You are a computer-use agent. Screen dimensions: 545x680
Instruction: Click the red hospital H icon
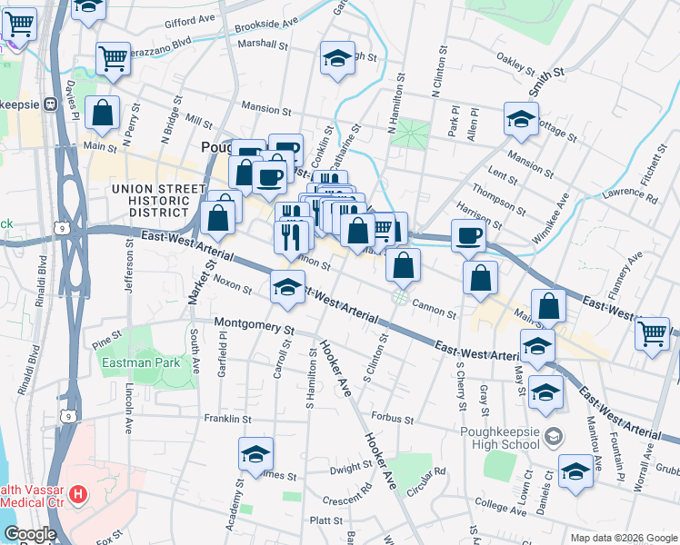[79, 495]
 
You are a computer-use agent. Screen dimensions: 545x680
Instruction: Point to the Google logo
[29, 534]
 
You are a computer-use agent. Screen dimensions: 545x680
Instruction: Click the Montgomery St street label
[255, 324]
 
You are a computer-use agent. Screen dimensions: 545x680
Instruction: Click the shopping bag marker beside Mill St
[104, 114]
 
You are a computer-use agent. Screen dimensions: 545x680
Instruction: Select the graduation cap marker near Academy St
[256, 453]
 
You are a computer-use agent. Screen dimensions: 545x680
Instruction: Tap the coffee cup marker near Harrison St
[468, 235]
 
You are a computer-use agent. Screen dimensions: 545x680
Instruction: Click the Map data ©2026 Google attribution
[624, 538]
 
